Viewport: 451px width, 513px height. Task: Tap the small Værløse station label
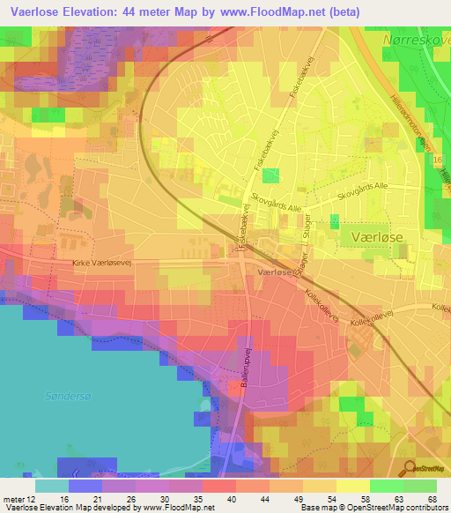click(x=277, y=273)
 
